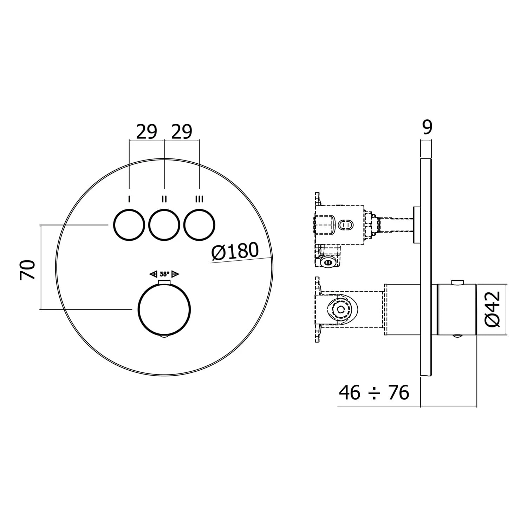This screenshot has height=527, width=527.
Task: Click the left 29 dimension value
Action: coord(147,132)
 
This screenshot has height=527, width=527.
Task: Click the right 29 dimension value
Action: coord(182,132)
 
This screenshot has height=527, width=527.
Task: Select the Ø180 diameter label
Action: coord(235,251)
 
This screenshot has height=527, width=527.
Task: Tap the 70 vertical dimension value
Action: coord(28,270)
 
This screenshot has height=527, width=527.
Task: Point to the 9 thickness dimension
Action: coord(427,128)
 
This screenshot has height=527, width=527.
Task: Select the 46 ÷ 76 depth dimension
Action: coord(374,392)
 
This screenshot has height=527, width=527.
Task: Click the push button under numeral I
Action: coord(129,225)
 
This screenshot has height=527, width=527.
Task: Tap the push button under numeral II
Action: coord(164,225)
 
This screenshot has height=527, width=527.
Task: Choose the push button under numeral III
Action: coord(199,225)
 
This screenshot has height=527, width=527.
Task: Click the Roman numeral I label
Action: coord(129,200)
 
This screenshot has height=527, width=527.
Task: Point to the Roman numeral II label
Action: coord(164,200)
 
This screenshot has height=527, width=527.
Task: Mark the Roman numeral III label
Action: coord(199,200)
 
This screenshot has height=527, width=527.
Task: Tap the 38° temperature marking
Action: coord(164,274)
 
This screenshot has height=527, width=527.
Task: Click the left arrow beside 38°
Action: coord(153,274)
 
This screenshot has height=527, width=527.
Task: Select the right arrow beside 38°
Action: coord(176,274)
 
